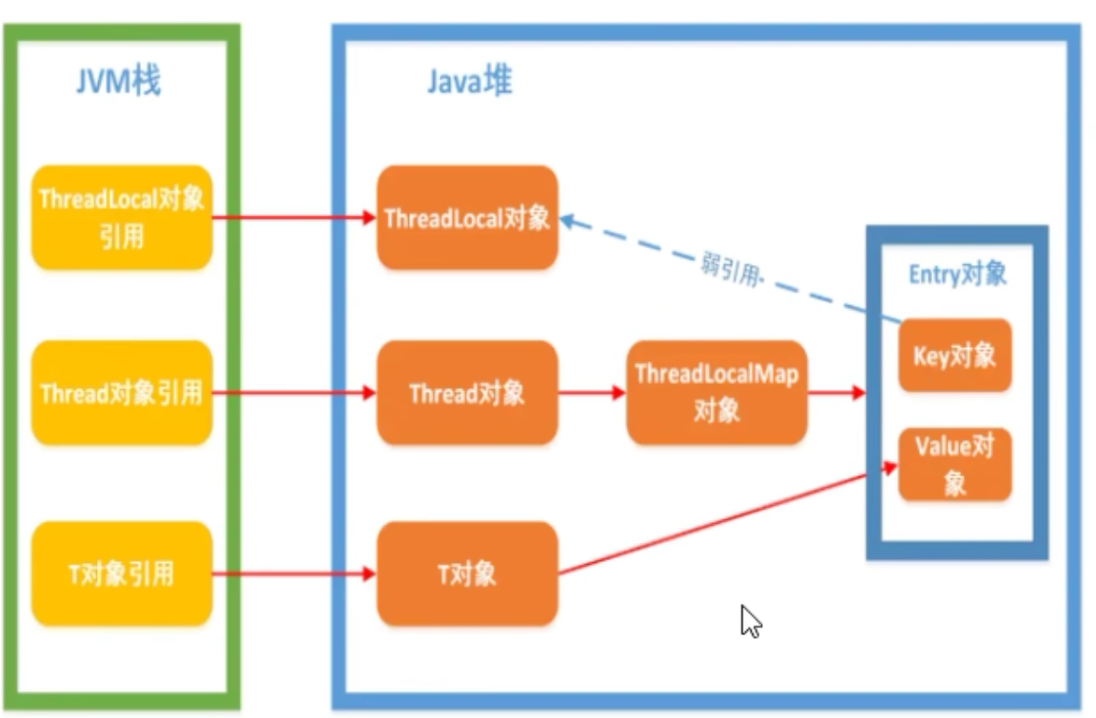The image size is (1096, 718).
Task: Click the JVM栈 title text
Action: point(119,82)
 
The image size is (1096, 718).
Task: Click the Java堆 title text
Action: point(469,82)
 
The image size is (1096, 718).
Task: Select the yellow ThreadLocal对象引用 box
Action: point(122,218)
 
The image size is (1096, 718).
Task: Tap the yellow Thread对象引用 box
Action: point(122,393)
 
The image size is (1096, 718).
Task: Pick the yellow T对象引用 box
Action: point(122,573)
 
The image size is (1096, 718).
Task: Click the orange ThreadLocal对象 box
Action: point(467,218)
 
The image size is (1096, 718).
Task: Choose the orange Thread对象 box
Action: point(467,393)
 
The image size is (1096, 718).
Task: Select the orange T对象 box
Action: point(467,573)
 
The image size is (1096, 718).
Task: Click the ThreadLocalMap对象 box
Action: point(717,393)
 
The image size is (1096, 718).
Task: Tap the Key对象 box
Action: point(955,355)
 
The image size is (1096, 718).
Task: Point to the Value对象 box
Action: point(955,465)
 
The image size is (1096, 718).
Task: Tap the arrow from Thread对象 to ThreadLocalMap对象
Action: point(591,393)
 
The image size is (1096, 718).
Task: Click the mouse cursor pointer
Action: point(751,620)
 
